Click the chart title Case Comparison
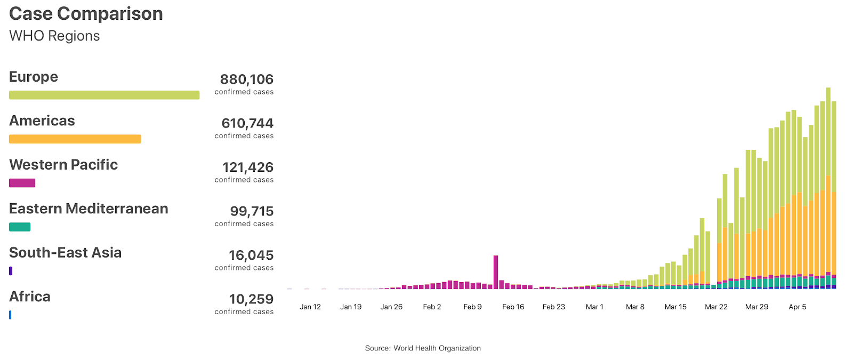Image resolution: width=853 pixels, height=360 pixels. (86, 14)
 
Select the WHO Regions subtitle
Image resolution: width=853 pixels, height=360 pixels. (54, 36)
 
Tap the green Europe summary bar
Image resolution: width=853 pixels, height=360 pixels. (104, 95)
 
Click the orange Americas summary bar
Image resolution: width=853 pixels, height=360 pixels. (75, 139)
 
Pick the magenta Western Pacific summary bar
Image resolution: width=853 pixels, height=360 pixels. (22, 183)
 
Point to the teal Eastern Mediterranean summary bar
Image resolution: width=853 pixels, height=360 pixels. (20, 227)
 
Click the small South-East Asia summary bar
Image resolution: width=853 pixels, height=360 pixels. (11, 271)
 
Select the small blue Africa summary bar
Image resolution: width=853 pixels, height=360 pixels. (10, 315)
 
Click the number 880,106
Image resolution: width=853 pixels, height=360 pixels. (246, 79)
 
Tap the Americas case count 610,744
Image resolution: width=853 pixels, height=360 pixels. (247, 123)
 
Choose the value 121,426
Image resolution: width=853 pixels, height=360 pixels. (247, 167)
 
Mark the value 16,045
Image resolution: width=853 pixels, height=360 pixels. (251, 255)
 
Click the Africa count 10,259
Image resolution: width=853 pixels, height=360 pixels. (251, 299)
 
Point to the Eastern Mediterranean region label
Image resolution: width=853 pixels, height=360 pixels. (88, 209)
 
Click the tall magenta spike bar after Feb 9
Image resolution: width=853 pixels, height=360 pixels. (496, 272)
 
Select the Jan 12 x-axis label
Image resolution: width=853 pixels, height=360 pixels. (310, 307)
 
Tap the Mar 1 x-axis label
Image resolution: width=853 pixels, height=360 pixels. (594, 307)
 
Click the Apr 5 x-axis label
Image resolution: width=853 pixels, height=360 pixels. (797, 307)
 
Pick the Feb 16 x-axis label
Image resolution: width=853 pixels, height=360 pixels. (513, 307)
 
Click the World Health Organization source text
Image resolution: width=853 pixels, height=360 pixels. (437, 348)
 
